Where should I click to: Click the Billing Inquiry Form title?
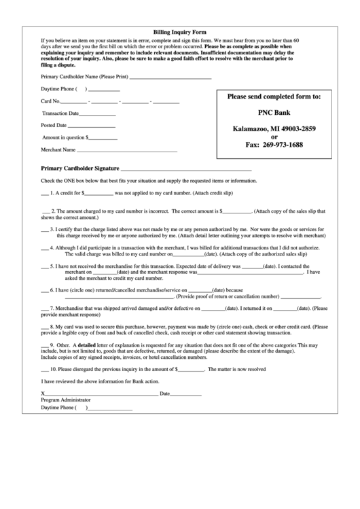[179, 32]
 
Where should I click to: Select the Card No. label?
[50, 101]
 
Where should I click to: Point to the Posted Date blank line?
[92, 126]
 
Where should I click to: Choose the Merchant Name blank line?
[127, 150]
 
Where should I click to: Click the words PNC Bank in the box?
[274, 113]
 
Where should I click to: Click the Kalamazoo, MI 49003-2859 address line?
[274, 129]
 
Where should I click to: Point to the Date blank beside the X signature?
[185, 394]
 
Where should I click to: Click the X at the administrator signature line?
[43, 393]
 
